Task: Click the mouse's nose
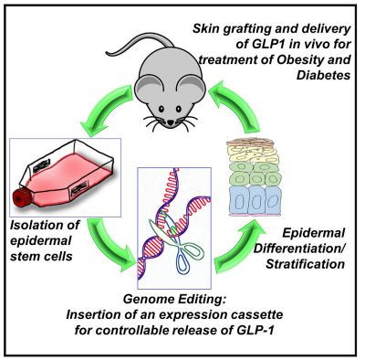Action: [x=171, y=122]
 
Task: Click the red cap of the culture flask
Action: [x=21, y=198]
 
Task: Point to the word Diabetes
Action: [x=323, y=75]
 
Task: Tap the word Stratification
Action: [x=305, y=264]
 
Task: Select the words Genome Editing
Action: [x=175, y=300]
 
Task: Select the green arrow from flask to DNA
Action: [x=109, y=244]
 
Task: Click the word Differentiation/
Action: [x=299, y=249]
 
